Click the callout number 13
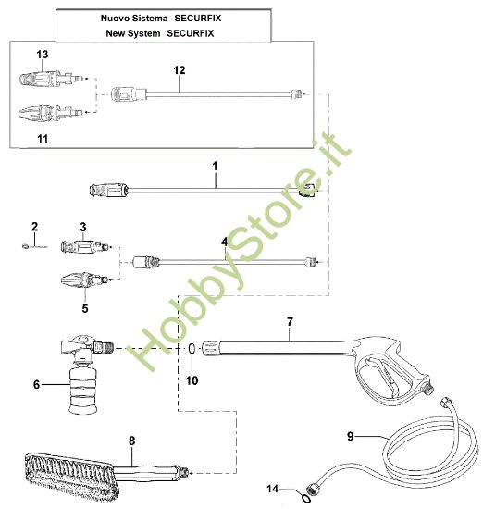[43, 55]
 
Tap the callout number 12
[180, 69]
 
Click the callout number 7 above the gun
[290, 321]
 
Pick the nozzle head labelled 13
[41, 81]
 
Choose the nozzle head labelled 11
[41, 116]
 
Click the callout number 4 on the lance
[223, 242]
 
